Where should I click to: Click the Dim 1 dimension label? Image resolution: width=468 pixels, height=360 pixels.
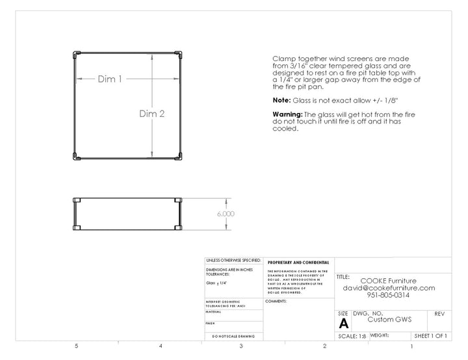110,79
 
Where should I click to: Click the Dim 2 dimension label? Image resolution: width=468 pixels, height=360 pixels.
151,113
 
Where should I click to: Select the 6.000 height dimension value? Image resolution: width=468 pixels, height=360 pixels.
226,213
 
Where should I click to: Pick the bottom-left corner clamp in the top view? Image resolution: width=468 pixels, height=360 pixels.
75,156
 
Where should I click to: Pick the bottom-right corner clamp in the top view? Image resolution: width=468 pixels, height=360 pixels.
178,156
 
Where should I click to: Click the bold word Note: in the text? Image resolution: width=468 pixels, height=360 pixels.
281,101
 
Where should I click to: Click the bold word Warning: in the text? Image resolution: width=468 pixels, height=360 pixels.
288,114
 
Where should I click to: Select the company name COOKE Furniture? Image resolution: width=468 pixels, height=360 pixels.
389,281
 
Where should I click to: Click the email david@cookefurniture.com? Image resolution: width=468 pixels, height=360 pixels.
389,288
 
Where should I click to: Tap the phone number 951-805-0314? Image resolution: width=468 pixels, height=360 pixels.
389,295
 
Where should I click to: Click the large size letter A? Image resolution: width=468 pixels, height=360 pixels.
343,323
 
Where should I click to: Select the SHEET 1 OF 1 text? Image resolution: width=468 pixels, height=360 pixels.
430,336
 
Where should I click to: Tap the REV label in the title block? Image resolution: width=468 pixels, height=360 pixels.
439,313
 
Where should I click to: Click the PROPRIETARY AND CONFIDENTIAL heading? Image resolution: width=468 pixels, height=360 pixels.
298,263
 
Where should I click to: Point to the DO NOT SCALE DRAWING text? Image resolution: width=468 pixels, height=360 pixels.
233,336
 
